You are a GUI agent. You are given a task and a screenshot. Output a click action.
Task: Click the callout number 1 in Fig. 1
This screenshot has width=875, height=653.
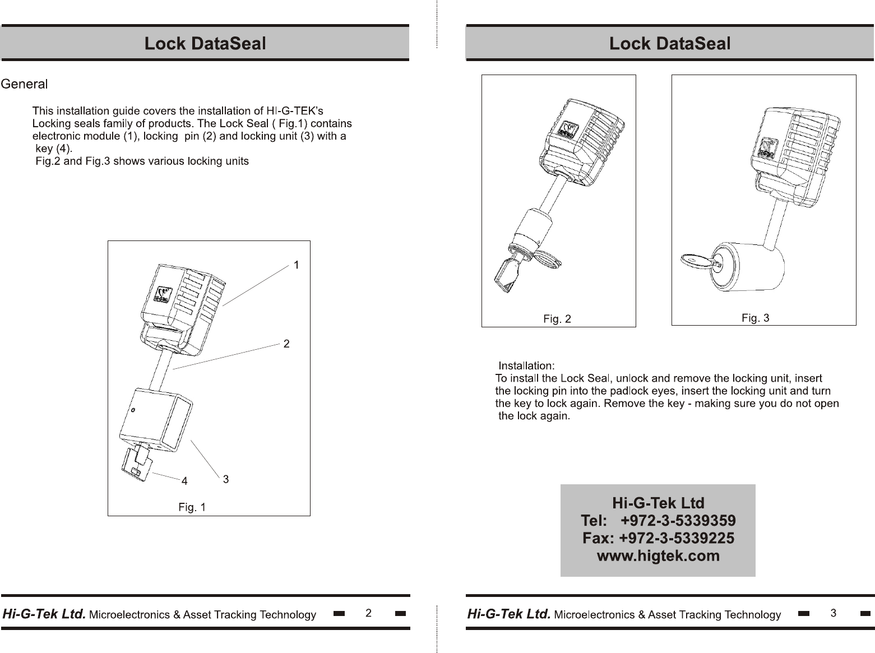pyautogui.click(x=297, y=265)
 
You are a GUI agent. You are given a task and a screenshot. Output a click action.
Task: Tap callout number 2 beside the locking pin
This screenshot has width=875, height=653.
pyautogui.click(x=286, y=344)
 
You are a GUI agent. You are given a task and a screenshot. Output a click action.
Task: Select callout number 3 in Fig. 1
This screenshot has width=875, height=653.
pyautogui.click(x=225, y=479)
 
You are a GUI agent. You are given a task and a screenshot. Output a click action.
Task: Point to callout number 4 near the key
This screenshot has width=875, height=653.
pyautogui.click(x=184, y=481)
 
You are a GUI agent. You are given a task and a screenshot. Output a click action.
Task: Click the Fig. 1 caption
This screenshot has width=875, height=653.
pyautogui.click(x=192, y=507)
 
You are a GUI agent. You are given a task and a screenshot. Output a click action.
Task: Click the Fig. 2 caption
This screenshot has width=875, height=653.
pyautogui.click(x=557, y=319)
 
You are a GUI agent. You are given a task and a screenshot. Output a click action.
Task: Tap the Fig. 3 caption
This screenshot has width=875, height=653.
pyautogui.click(x=755, y=318)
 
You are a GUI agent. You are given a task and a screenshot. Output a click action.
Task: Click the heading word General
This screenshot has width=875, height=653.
pyautogui.click(x=24, y=85)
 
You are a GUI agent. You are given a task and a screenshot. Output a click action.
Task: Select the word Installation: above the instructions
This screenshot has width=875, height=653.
pyautogui.click(x=526, y=366)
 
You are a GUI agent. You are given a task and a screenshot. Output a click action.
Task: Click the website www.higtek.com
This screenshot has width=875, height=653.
pyautogui.click(x=658, y=556)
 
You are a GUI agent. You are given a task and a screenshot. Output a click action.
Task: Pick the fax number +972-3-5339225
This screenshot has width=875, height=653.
pyautogui.click(x=676, y=538)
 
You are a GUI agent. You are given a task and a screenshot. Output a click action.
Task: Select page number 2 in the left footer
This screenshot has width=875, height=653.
pyautogui.click(x=368, y=613)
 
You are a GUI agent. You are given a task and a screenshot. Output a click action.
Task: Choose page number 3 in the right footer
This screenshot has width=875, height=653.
pyautogui.click(x=834, y=613)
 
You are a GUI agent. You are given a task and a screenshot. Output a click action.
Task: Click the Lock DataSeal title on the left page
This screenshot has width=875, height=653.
pyautogui.click(x=205, y=43)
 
